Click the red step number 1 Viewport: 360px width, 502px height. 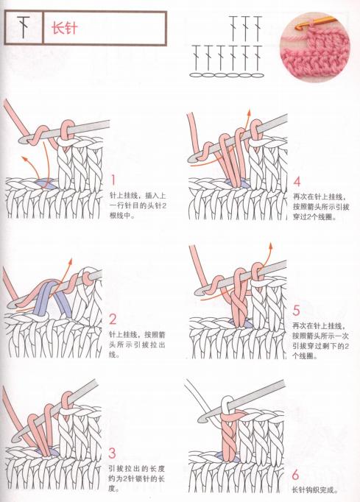point(113,179)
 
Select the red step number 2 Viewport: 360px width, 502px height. point(113,319)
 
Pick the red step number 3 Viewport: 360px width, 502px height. point(113,453)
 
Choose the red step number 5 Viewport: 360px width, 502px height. point(297,311)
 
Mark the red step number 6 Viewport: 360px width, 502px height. point(296,475)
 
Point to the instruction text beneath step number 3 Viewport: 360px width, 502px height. point(137,478)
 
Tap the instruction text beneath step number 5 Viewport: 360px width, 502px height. point(320,341)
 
